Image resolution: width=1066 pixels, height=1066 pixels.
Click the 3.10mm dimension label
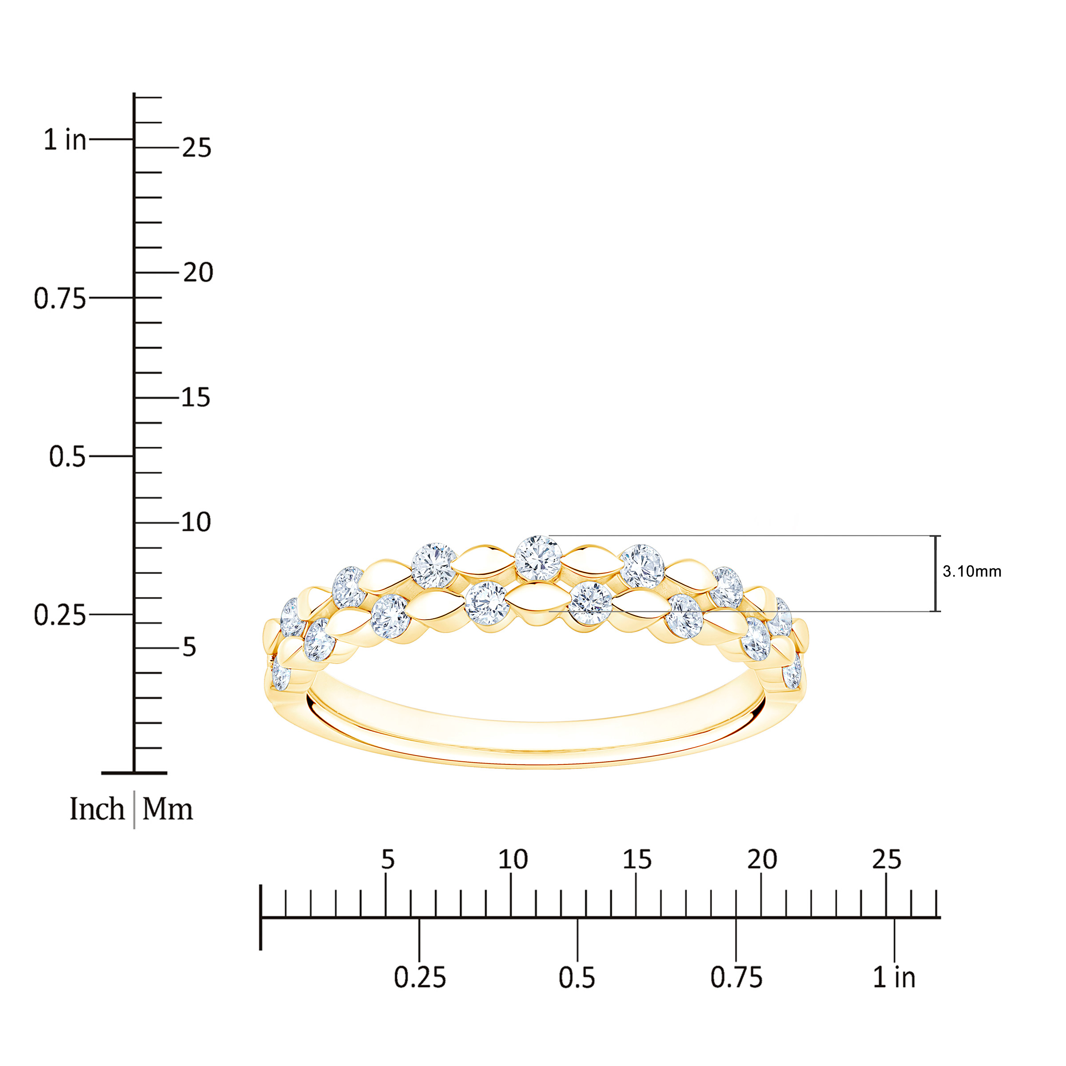pos(972,572)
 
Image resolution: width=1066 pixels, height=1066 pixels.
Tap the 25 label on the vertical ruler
pos(196,148)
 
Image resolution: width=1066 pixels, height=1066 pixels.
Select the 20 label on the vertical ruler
pos(198,273)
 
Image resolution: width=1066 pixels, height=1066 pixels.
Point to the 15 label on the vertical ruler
pos(196,397)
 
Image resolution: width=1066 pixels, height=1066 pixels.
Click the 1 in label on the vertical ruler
pos(65,139)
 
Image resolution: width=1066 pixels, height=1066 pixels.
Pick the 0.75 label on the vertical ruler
pos(60,298)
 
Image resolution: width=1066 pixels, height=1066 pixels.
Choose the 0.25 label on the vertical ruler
pos(60,615)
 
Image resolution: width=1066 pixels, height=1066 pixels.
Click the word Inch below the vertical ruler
pos(97,809)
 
